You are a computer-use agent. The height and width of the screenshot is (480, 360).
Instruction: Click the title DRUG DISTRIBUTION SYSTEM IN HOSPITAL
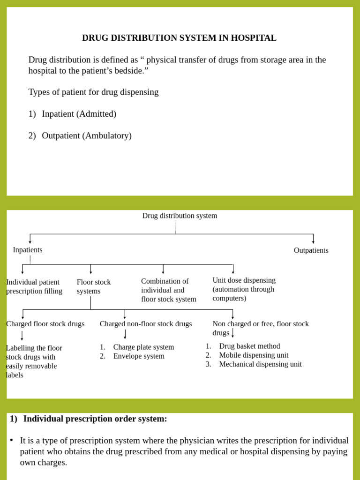click(179, 38)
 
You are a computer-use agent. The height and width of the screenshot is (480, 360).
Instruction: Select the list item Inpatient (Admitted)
click(79, 114)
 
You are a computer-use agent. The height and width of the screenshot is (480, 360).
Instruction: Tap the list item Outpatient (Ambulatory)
click(86, 136)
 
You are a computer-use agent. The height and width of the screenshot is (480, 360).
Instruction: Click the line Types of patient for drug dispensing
click(93, 92)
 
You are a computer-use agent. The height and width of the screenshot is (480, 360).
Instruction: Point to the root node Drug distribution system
click(180, 216)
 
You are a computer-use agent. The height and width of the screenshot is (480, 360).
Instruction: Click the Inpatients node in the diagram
click(28, 250)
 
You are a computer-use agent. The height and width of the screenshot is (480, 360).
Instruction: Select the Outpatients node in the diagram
click(311, 250)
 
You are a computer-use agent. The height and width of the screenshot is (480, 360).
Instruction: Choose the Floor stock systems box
click(94, 286)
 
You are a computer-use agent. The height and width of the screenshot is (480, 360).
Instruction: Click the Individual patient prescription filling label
click(34, 286)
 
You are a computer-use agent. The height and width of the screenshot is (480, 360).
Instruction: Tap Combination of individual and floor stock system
click(168, 290)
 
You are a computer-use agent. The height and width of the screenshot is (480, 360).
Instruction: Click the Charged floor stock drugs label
click(45, 324)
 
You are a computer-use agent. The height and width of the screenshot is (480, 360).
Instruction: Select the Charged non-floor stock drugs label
click(146, 324)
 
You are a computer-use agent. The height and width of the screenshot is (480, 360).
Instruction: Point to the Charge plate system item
click(143, 347)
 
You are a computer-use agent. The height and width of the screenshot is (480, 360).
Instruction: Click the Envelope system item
click(139, 356)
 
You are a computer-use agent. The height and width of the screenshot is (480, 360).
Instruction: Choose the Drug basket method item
click(249, 346)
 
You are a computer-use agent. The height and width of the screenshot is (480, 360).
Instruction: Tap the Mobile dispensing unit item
click(254, 355)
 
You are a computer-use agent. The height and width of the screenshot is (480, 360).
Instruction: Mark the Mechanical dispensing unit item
click(260, 364)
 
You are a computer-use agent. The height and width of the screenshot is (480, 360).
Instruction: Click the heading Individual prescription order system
click(95, 419)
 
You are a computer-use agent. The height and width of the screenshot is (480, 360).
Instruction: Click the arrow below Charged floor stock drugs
click(22, 336)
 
